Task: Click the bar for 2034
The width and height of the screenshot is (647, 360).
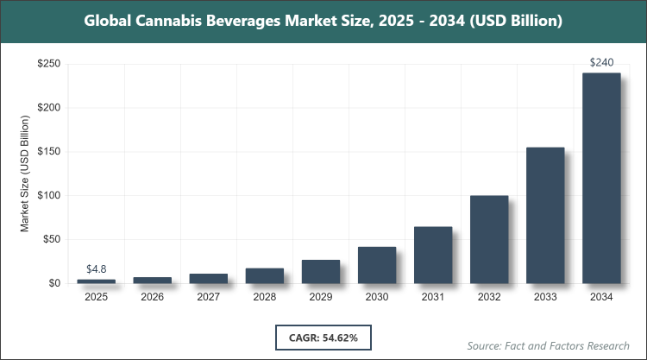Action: pos(601,178)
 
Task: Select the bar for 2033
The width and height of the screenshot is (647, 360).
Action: pos(545,215)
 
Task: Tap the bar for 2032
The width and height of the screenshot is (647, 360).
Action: pos(489,239)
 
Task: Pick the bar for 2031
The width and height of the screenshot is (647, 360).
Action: pos(433,255)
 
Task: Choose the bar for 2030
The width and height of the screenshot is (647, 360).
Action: pos(377,265)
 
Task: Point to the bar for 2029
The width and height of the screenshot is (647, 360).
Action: pos(321,271)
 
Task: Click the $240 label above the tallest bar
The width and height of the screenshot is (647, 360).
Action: pos(601,62)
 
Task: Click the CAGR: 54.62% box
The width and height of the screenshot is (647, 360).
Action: pos(323,335)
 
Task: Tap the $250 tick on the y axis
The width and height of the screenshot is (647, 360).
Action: pos(48,64)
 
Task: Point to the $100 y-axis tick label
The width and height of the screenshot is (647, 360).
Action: pos(48,195)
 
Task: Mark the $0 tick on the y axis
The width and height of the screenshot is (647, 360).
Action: pos(54,283)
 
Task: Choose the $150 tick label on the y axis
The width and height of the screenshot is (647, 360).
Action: pos(48,152)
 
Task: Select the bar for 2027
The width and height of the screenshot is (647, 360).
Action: pos(209,278)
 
